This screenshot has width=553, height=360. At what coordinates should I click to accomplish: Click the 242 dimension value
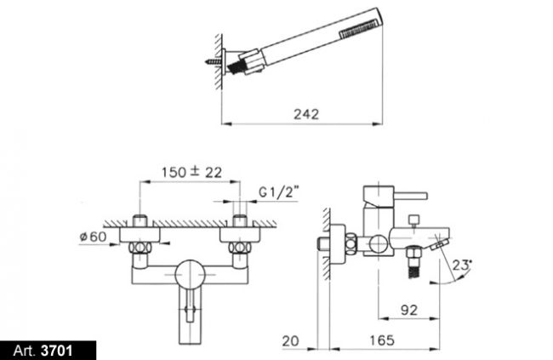306,114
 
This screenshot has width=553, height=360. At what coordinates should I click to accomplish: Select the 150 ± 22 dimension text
191,172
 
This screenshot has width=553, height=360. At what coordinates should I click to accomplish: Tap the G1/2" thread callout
278,192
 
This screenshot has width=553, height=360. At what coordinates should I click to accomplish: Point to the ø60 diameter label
93,237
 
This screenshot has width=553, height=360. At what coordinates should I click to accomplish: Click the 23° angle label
462,265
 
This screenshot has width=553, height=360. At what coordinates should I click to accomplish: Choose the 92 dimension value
409,310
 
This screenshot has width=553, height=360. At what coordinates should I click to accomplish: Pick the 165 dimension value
382,340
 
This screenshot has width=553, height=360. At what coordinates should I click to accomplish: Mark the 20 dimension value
290,341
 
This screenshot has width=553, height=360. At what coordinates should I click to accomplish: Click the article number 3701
57,351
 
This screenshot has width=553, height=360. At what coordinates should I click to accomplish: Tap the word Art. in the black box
25,351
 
